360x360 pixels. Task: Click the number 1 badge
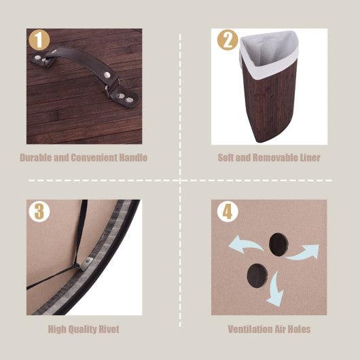pos(39,41)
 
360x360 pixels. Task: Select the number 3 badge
pos(39,211)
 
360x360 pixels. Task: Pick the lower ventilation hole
pos(257,275)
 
